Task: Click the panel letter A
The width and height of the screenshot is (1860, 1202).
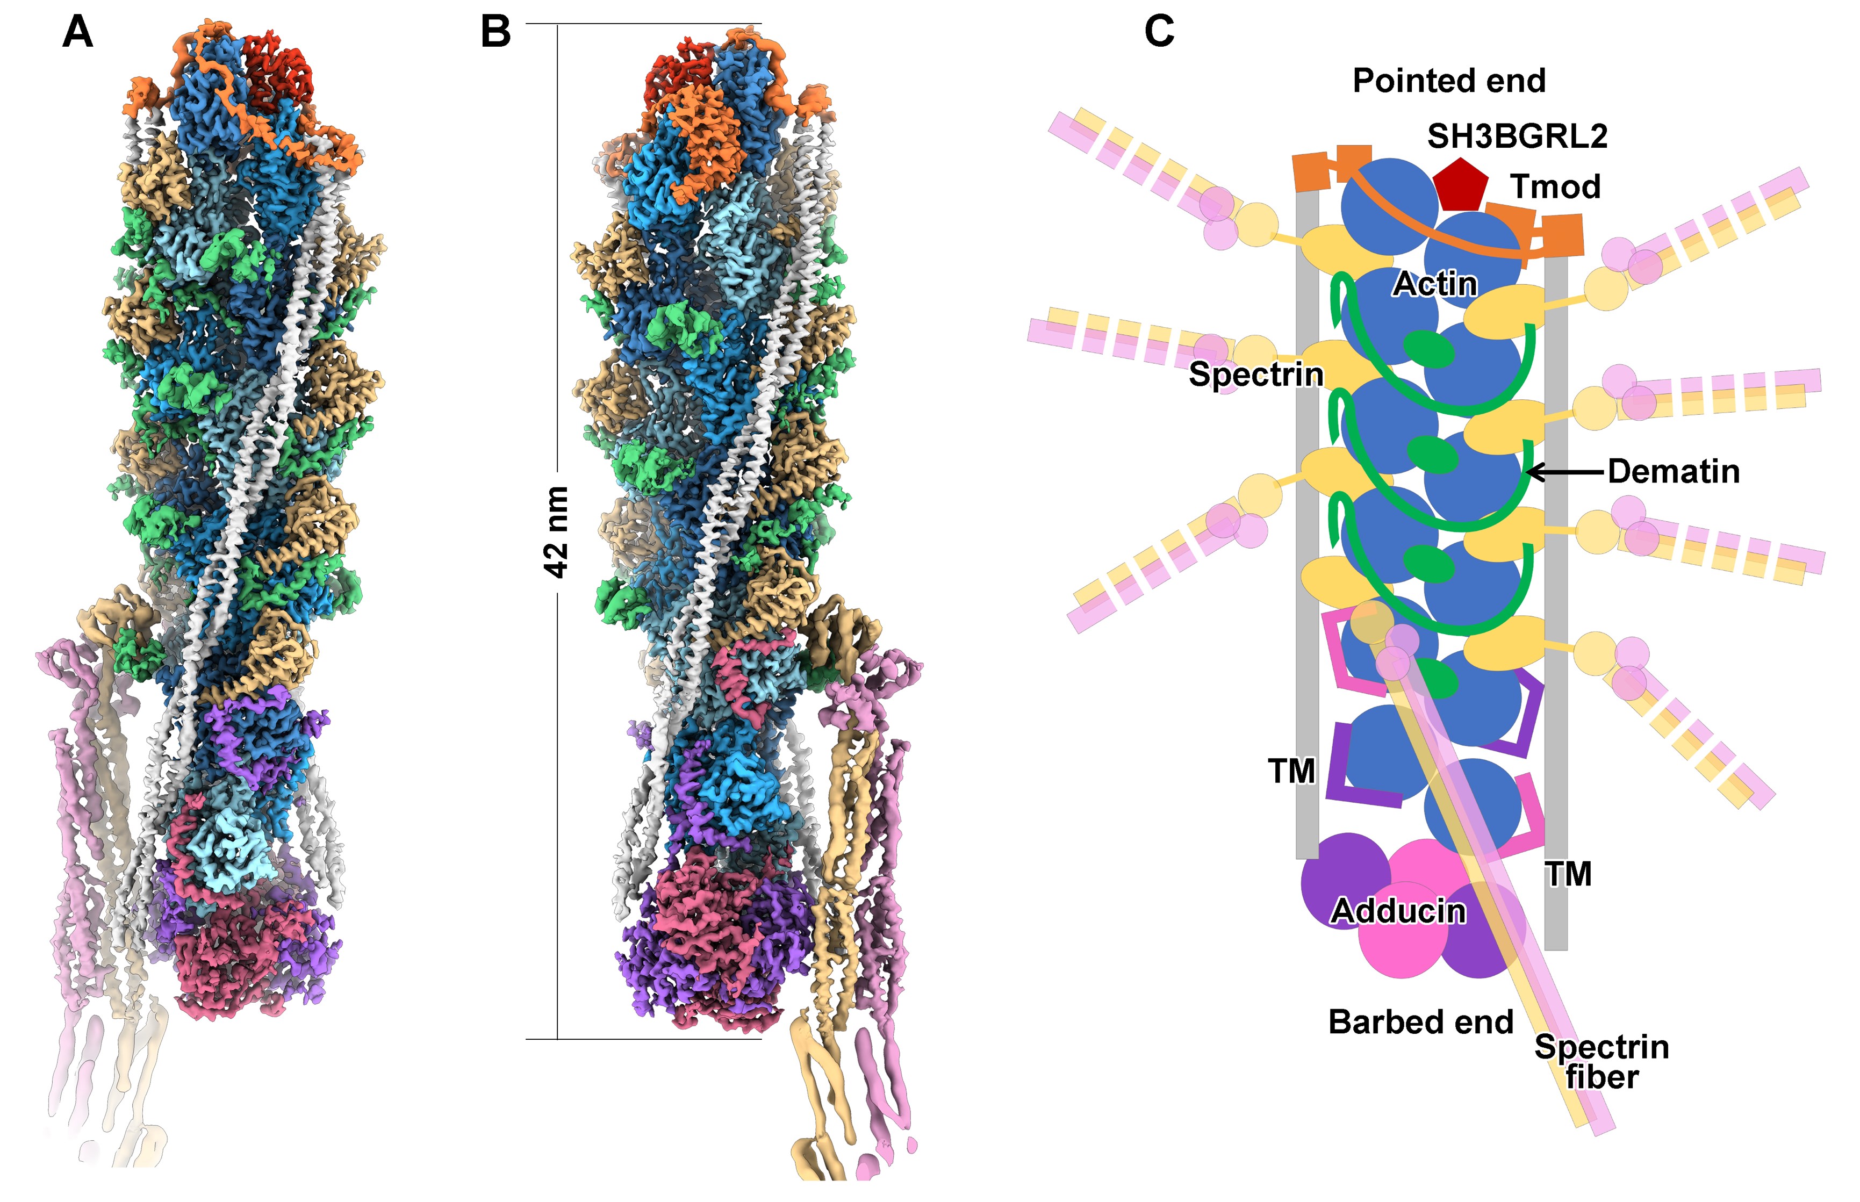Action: point(77,33)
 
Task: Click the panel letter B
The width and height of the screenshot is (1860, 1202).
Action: point(495,33)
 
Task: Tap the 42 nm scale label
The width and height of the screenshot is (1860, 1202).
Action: point(556,531)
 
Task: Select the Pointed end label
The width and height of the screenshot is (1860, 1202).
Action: point(1449,81)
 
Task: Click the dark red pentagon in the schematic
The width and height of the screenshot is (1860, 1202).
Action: point(1460,185)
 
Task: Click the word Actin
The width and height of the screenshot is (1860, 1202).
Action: point(1434,284)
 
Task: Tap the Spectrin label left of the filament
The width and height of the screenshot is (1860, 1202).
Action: point(1255,375)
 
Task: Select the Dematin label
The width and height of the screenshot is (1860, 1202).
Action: point(1674,471)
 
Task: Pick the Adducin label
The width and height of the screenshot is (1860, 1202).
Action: point(1398,911)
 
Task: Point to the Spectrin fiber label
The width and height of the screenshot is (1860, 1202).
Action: point(1602,1062)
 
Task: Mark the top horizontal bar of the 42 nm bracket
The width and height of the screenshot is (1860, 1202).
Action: point(643,24)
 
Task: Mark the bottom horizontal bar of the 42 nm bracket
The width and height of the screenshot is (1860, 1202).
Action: point(643,1039)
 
